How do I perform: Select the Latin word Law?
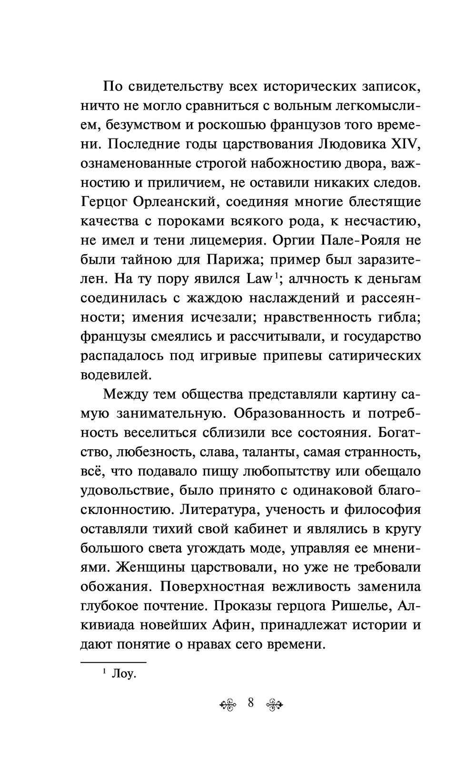tap(258, 278)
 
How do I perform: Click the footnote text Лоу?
tap(123, 674)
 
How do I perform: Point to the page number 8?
tap(251, 702)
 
